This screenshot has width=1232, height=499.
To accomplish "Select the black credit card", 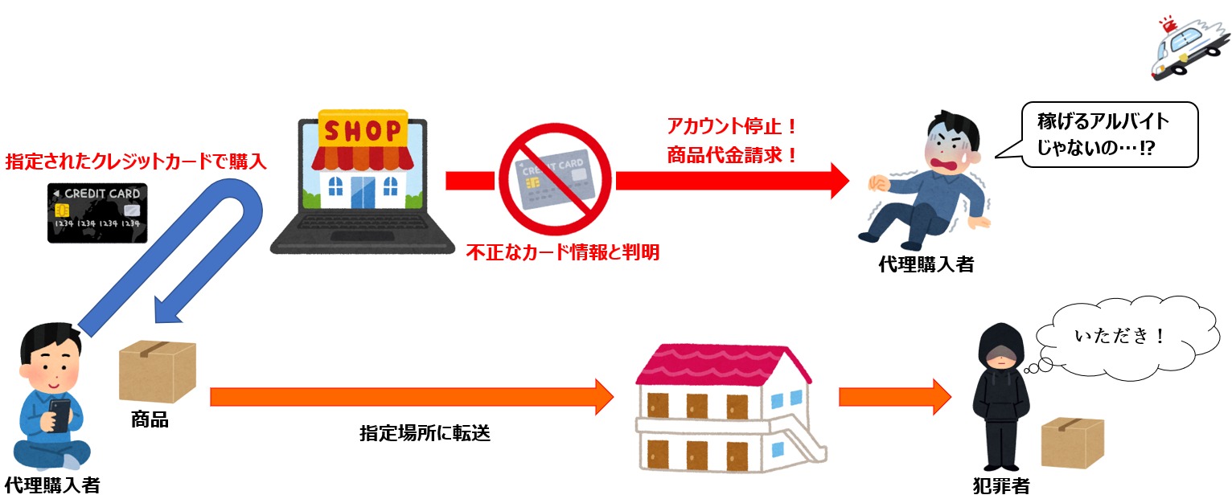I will pos(97,213).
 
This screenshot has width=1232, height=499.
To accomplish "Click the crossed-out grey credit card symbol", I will pos(554,177).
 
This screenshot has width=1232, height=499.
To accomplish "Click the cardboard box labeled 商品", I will pos(157,371).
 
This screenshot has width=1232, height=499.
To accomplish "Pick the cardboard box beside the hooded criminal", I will pos(1072,442).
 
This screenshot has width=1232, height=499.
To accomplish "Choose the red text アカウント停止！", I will pos(731,126).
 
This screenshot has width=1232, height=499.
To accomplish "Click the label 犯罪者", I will pos(1000,485).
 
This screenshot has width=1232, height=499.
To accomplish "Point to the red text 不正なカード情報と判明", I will pos(563,252).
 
